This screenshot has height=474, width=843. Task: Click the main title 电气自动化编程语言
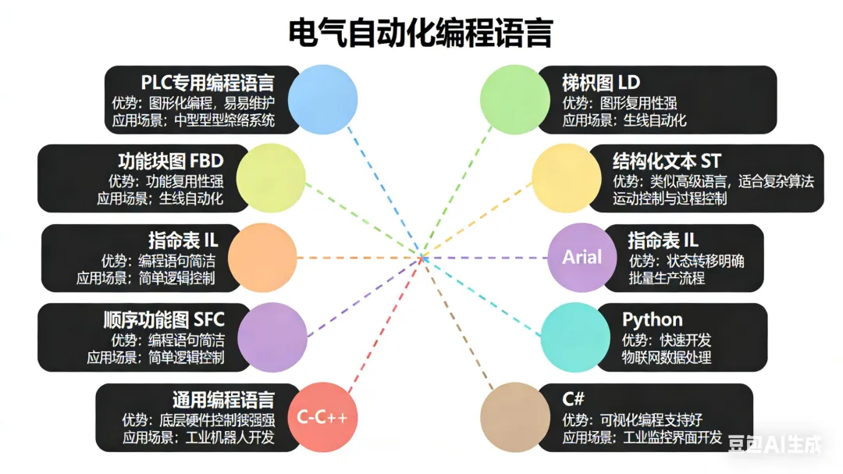click(x=421, y=34)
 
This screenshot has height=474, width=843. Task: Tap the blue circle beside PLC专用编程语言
click(x=322, y=99)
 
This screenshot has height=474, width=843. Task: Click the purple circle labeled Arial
click(x=582, y=257)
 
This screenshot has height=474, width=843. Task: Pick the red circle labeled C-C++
click(x=322, y=417)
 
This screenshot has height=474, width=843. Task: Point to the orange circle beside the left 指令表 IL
click(x=263, y=257)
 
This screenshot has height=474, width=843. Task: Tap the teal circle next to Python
click(x=576, y=337)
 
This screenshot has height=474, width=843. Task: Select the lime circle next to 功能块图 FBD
click(x=271, y=178)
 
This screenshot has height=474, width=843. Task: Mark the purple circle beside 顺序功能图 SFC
click(x=271, y=337)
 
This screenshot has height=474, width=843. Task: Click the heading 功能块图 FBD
click(x=170, y=161)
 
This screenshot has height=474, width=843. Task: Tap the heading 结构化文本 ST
click(x=667, y=161)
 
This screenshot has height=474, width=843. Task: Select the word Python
click(x=652, y=319)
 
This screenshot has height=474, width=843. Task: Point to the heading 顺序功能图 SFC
click(x=164, y=319)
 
